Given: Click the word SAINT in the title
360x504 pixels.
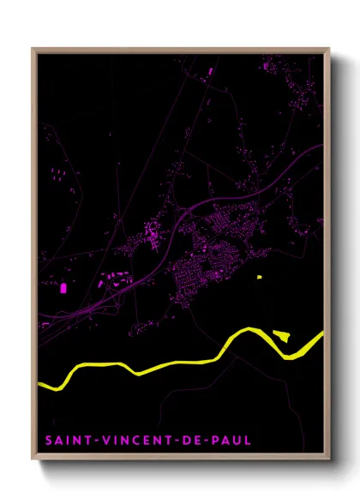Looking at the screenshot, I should pos(67,441).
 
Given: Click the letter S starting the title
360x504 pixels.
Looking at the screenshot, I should pos(49,441).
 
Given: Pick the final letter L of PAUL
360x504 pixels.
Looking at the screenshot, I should pos(249,441).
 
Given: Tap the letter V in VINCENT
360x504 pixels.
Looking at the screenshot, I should pos(103,441).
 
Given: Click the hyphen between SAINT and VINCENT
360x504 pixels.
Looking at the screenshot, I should pos(92,441).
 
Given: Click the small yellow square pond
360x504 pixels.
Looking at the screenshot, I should pos(259,277).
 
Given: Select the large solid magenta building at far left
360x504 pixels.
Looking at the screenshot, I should pos(63,286).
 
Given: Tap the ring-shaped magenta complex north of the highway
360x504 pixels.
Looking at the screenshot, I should pos(152,231).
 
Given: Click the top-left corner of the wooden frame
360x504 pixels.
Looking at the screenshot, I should pos(33,48).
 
